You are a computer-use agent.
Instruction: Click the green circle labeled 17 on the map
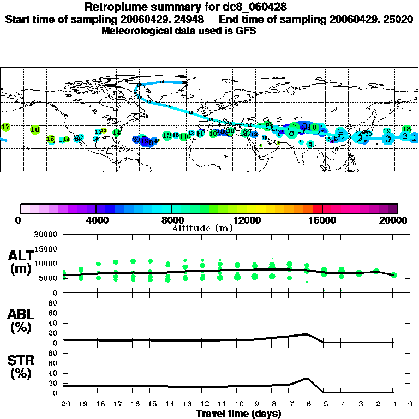(x=5, y=127)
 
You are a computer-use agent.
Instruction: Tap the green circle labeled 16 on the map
(x=35, y=130)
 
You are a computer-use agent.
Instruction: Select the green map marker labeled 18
(x=406, y=129)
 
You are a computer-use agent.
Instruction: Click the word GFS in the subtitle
(x=246, y=31)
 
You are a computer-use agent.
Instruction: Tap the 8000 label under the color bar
(x=171, y=220)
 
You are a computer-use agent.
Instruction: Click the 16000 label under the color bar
(x=322, y=220)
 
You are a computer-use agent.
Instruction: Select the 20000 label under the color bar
(x=397, y=220)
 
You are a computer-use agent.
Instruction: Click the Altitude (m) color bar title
(x=202, y=228)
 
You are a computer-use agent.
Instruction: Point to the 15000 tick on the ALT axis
(x=47, y=249)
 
